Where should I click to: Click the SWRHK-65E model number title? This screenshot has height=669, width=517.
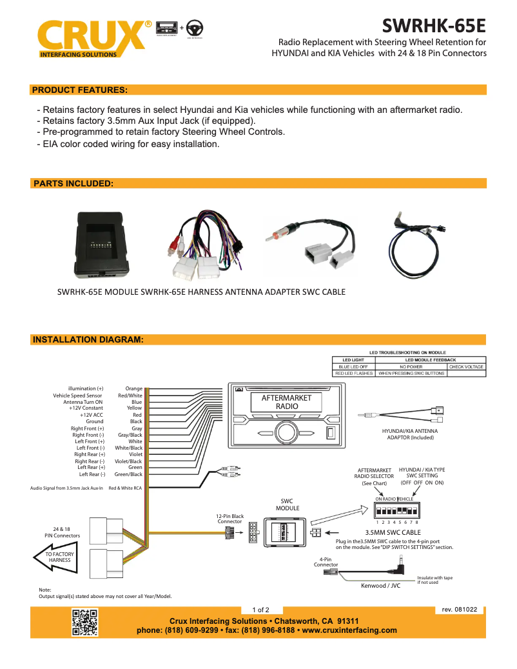[433, 26]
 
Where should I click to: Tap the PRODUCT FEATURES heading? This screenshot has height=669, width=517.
[79, 90]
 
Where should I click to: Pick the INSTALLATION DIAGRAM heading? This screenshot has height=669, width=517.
[88, 339]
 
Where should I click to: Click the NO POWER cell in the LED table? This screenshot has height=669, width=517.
[410, 366]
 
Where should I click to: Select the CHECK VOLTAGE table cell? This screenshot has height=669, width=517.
[465, 366]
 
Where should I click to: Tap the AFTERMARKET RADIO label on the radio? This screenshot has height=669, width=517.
[286, 403]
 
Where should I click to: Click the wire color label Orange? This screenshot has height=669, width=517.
[134, 388]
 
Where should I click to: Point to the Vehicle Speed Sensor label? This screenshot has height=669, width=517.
[78, 395]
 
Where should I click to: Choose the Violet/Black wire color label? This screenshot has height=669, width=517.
[128, 461]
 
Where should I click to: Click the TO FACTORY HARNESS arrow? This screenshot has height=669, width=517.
[55, 557]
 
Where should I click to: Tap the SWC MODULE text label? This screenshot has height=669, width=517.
[288, 504]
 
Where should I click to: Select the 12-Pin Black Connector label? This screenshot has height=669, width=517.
[229, 519]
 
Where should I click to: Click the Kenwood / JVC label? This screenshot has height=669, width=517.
[380, 586]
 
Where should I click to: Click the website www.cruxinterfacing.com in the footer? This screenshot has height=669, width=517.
[349, 630]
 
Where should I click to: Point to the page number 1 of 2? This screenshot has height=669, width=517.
[261, 610]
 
